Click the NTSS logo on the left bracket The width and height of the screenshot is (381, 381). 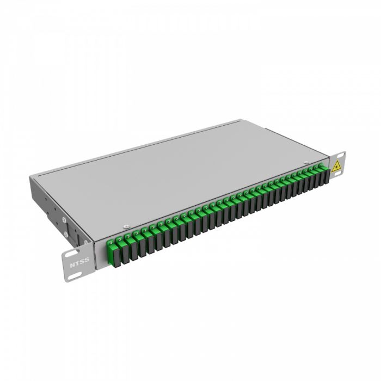[x=78, y=264]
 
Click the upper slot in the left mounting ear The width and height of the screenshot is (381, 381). [x=71, y=255]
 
